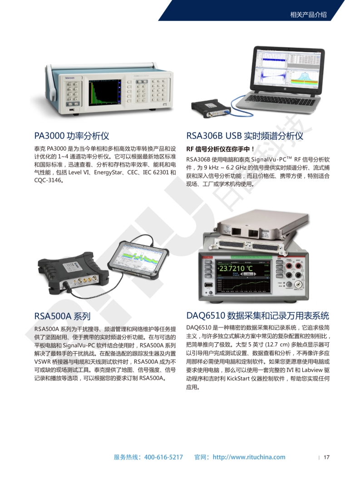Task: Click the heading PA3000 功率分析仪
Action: [71, 136]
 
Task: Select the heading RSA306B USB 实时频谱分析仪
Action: [245, 136]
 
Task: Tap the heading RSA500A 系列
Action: [62, 316]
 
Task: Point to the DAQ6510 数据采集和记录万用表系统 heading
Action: [258, 316]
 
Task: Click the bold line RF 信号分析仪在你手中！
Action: [220, 149]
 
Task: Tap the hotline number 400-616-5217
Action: [163, 457]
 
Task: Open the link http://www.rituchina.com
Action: [249, 457]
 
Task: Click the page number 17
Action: [326, 457]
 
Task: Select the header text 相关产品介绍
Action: [308, 15]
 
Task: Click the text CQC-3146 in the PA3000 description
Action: [47, 180]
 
